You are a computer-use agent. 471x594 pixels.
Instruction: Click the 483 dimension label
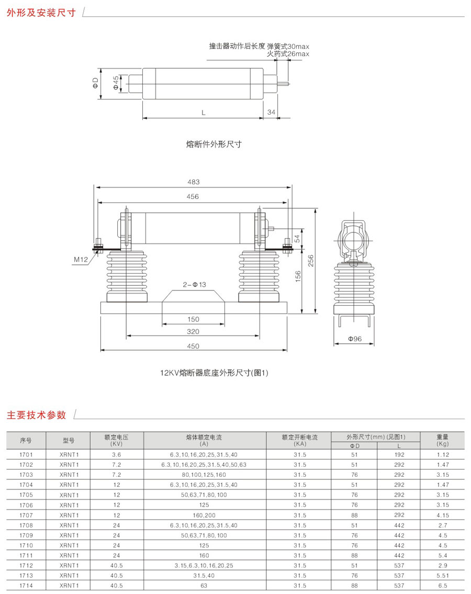point(193,182)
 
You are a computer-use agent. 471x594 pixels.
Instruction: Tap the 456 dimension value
point(193,197)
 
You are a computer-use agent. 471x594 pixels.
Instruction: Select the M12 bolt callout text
point(81,260)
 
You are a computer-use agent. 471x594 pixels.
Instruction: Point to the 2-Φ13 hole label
point(194,285)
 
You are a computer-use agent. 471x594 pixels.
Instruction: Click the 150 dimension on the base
point(193,319)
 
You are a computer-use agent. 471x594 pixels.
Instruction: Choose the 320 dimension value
point(193,331)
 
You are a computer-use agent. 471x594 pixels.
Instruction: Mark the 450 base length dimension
point(193,346)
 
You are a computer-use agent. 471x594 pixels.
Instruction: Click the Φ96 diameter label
point(355,339)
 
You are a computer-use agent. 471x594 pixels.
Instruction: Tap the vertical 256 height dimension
point(311,261)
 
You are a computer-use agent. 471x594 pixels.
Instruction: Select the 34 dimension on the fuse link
point(271,112)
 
